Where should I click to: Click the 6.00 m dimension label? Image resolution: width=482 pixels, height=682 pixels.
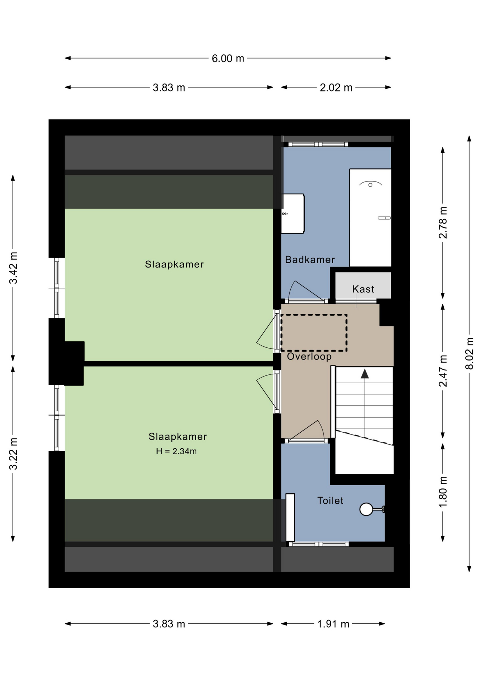click(228, 58)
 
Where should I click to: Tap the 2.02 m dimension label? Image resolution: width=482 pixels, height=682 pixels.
click(336, 87)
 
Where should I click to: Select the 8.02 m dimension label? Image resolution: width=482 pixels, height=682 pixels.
click(469, 353)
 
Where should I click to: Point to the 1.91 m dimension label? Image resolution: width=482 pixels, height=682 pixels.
click(333, 624)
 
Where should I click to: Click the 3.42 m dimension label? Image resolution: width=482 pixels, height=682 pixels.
click(13, 268)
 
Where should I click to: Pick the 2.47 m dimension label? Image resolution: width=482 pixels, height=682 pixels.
click(443, 371)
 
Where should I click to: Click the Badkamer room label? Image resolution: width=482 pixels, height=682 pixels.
click(310, 260)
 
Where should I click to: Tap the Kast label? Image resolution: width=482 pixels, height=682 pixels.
click(363, 289)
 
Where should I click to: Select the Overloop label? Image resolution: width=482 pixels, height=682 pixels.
click(309, 356)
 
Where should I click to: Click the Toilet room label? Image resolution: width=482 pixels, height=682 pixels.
click(330, 500)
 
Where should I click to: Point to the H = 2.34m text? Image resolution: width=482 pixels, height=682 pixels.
click(176, 451)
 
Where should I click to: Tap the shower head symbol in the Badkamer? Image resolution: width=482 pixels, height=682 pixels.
click(370, 184)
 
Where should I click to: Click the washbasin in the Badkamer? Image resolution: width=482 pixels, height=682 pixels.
click(292, 213)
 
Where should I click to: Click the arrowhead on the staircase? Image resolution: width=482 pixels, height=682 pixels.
click(365, 374)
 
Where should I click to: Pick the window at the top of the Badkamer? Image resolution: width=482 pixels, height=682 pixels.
click(318, 144)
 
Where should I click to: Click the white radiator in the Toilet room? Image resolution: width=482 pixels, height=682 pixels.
click(290, 517)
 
